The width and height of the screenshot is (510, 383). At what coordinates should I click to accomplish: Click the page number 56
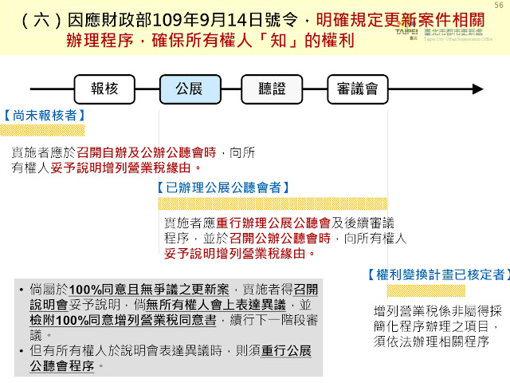(499, 6)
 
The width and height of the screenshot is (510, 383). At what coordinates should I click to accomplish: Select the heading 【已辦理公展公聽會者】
(222, 188)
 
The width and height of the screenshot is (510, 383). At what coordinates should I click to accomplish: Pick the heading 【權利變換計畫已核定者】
(437, 274)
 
